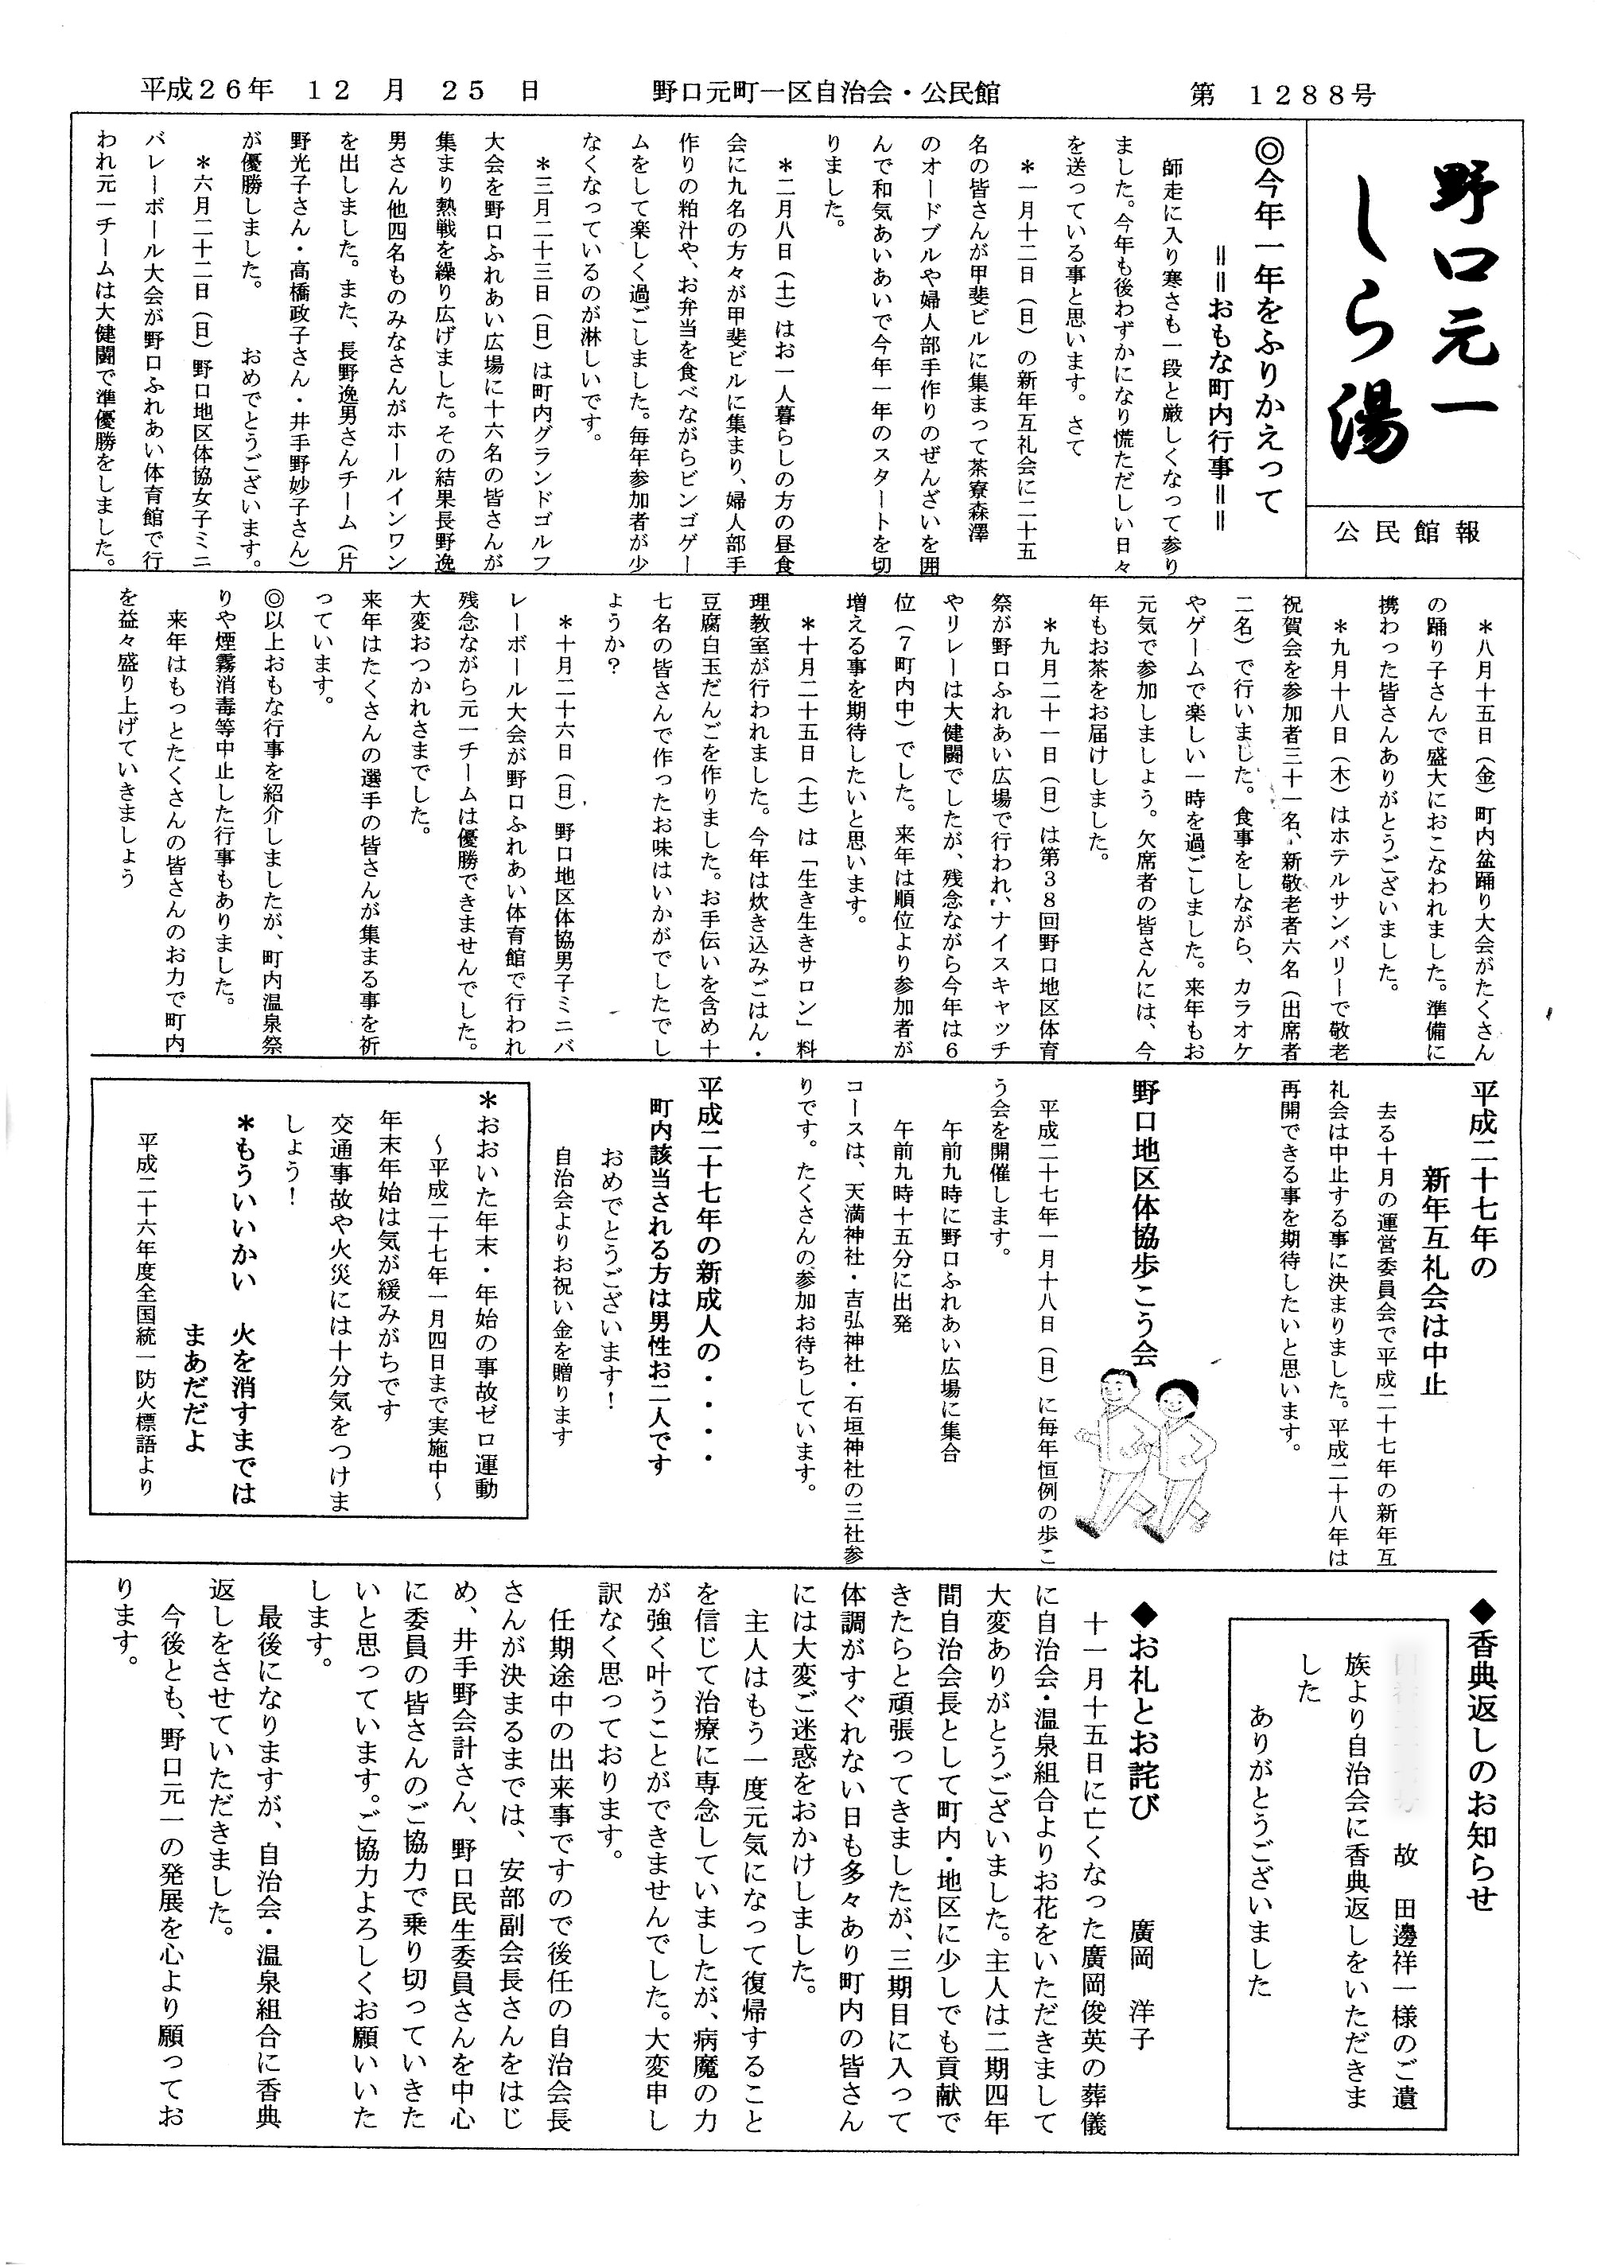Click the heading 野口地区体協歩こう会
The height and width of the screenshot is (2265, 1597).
click(x=1144, y=1224)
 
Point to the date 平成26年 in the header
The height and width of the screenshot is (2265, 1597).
click(x=206, y=91)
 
